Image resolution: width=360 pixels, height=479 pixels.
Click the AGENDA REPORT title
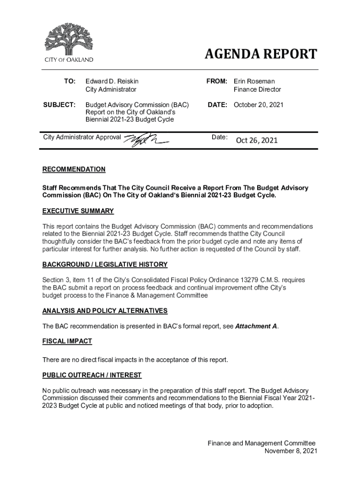click(261, 54)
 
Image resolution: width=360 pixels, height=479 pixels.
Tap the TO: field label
click(69, 81)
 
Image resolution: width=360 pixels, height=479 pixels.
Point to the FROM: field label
click(217, 81)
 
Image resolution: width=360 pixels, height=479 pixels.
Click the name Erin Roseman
click(254, 81)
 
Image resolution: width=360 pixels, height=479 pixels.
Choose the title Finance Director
click(257, 89)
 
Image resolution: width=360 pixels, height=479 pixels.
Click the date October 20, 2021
click(259, 105)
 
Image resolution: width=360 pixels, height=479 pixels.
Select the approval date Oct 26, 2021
click(257, 140)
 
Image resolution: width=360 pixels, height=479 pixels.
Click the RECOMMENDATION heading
click(74, 169)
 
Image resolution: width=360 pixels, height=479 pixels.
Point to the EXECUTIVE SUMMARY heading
click(78, 211)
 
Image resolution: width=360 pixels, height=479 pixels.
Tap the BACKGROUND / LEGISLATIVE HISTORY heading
click(105, 265)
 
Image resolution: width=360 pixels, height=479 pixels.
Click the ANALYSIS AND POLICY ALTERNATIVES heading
click(105, 311)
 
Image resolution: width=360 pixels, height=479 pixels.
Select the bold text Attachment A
click(256, 326)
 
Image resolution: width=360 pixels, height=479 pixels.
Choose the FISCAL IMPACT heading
click(67, 341)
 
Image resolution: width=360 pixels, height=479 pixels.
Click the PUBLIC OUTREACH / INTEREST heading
click(92, 375)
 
